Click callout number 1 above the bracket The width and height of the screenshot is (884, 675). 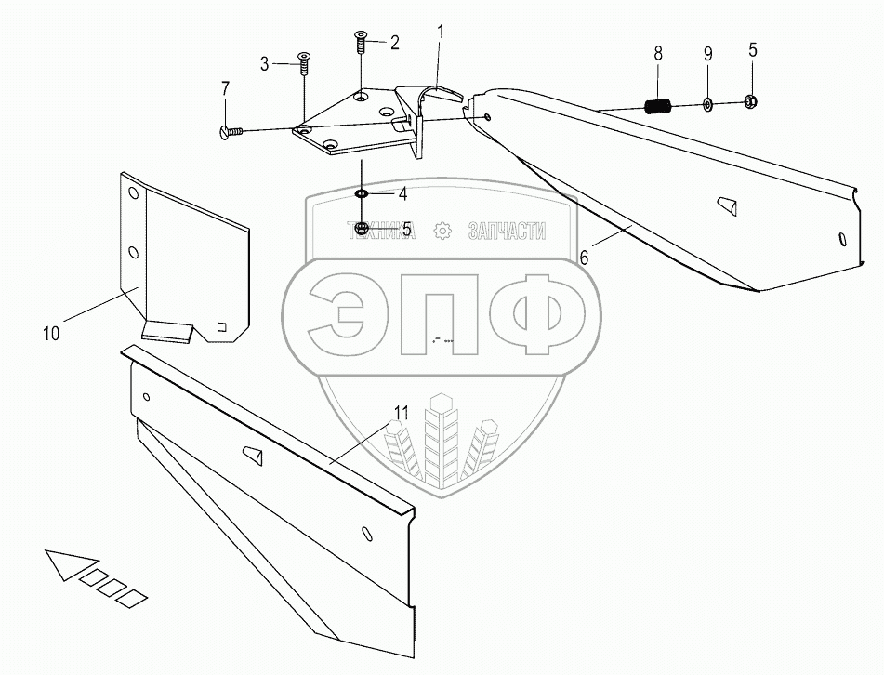click(441, 32)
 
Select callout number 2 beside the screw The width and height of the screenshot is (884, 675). click(394, 42)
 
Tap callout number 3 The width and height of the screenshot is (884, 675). click(264, 64)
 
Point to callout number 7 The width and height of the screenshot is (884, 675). click(224, 88)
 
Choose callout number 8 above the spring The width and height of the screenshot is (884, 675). click(658, 54)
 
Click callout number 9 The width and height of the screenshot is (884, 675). click(707, 54)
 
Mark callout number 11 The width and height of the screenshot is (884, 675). click(401, 412)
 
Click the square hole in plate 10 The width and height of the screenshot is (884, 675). click(221, 326)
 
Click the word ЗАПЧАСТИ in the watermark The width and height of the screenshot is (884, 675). click(508, 232)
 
